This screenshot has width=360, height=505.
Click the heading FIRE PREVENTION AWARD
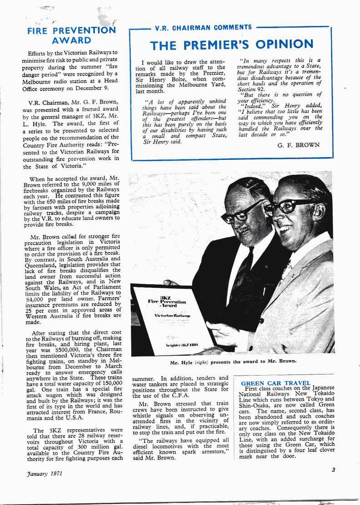(x=71, y=36)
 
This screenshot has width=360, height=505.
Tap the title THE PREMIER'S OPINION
(x=231, y=45)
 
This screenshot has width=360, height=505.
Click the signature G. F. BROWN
(x=298, y=145)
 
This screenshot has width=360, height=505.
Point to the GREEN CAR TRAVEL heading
(x=275, y=383)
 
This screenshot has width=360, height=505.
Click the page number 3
(x=333, y=470)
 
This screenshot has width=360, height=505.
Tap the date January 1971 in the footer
(x=44, y=473)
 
